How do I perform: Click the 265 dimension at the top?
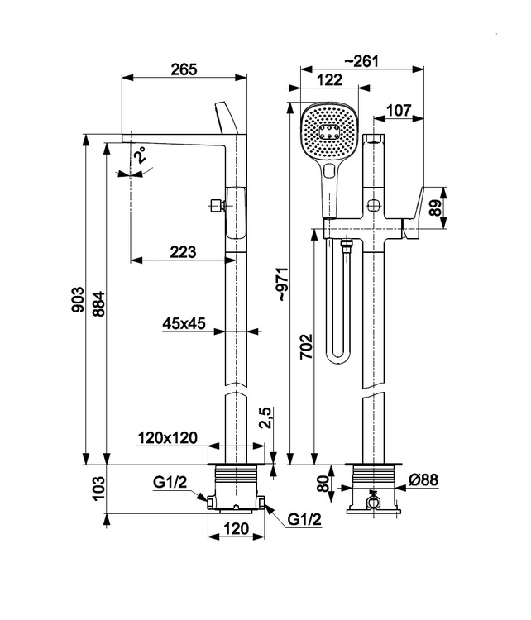[x=185, y=69]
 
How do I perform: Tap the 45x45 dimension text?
[x=184, y=323]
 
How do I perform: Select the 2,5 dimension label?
[x=264, y=417]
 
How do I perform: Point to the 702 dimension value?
[x=305, y=346]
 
